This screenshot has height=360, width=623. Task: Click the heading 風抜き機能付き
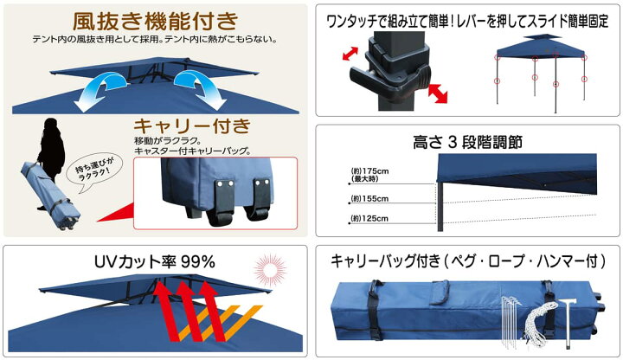point(155,21)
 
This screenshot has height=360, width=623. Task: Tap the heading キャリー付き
point(192,126)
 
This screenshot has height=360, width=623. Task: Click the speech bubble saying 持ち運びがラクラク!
point(93,172)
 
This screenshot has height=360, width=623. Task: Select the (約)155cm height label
point(369,198)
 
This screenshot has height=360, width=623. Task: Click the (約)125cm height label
point(369,218)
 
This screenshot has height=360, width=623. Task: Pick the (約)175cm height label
point(369,175)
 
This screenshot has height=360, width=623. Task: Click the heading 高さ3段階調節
point(467,142)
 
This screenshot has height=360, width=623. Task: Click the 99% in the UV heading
point(198,262)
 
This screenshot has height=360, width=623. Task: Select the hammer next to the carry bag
point(568,322)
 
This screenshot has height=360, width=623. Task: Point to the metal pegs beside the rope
point(511,322)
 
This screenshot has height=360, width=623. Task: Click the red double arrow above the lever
point(350,54)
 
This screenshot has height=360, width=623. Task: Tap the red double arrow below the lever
point(438,93)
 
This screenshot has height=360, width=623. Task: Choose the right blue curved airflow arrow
point(200,90)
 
